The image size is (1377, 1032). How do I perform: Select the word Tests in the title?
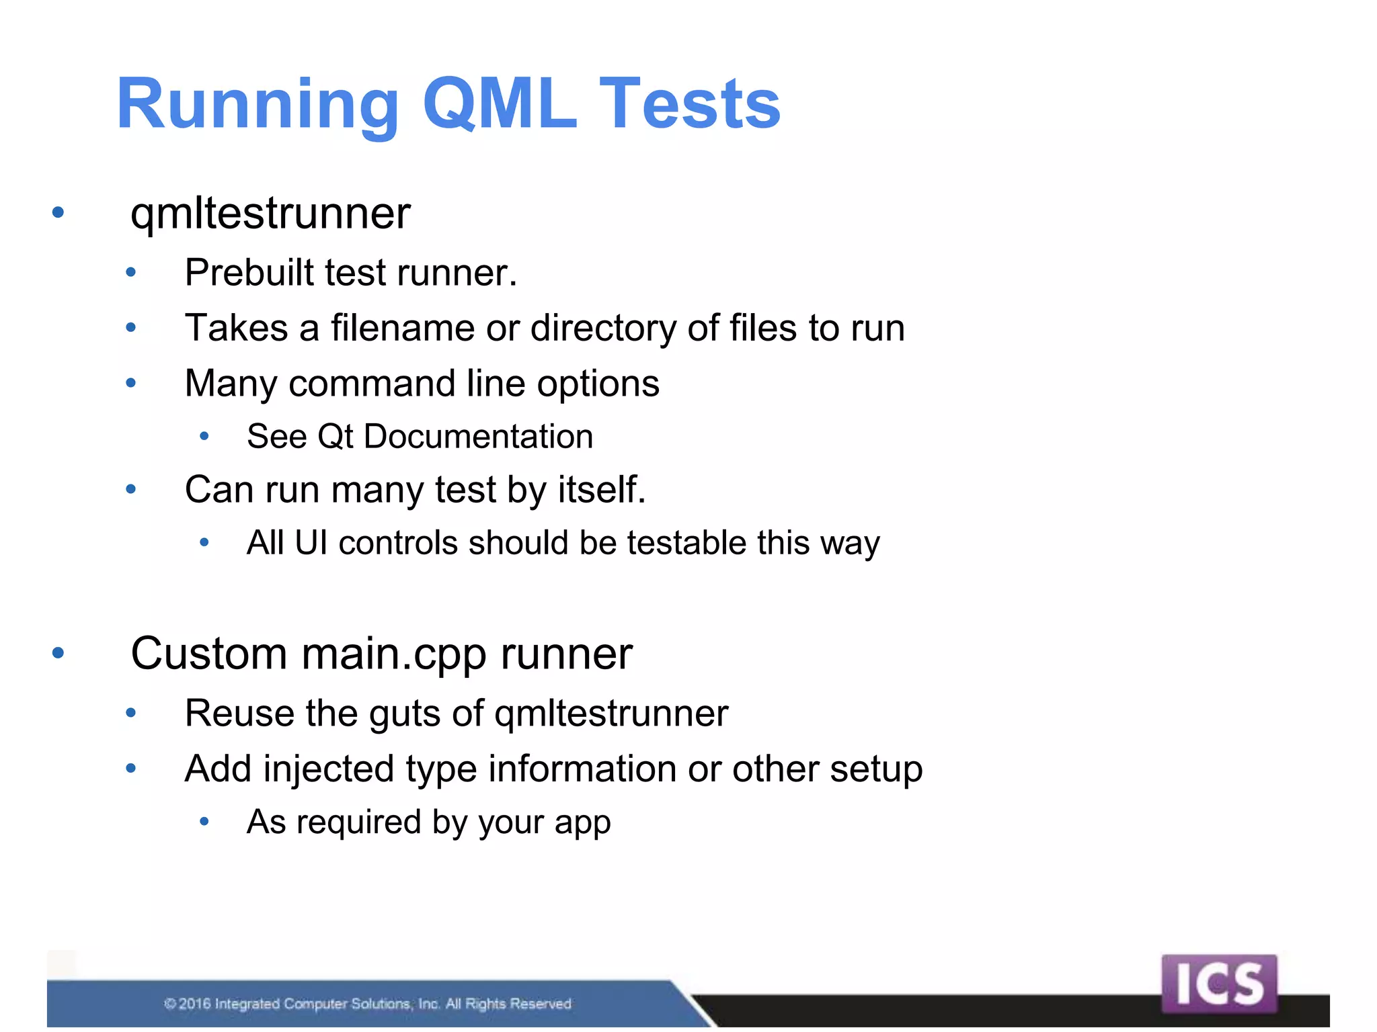pos(690,104)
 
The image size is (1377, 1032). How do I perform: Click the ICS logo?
pos(1218,983)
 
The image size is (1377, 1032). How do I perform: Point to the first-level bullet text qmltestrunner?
pos(270,214)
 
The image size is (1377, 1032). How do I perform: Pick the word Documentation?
pos(478,437)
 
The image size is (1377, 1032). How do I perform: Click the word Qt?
pos(335,437)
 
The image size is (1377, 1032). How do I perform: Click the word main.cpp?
pos(393,654)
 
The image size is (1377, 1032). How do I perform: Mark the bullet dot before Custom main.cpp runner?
pos(58,652)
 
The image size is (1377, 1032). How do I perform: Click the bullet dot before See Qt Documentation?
pos(204,437)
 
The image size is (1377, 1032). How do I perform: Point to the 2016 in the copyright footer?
pos(194,1004)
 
